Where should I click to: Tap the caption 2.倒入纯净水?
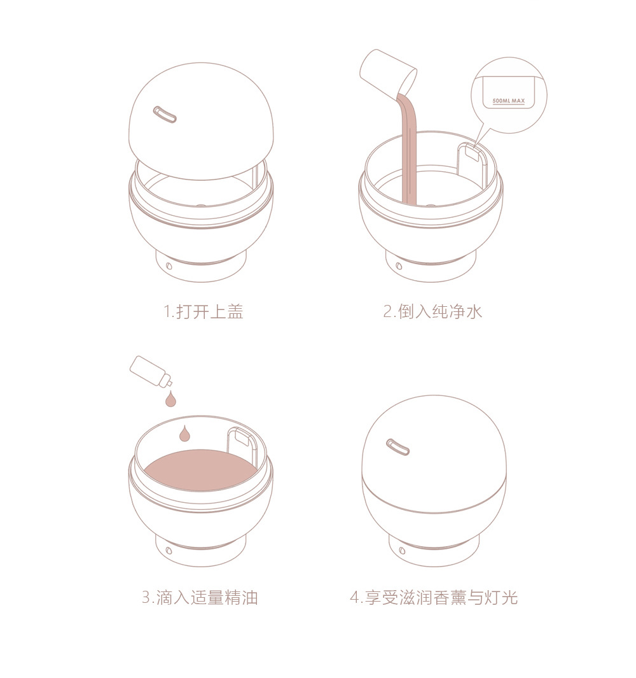[x=432, y=312]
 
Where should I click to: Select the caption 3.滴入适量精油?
[x=199, y=598]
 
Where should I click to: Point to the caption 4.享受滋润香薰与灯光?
[x=433, y=598]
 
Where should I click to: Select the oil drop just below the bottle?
[x=170, y=399]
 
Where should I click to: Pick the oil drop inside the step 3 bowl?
[x=184, y=434]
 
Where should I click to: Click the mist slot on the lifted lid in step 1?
[x=164, y=115]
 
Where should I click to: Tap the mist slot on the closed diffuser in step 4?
[x=397, y=447]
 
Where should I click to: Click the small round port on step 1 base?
[x=169, y=265]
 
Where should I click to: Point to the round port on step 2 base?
[x=399, y=265]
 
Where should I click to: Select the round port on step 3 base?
[x=169, y=550]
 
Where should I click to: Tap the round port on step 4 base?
[x=402, y=549]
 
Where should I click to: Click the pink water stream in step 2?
[x=408, y=153]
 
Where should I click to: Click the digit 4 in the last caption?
[x=354, y=598]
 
